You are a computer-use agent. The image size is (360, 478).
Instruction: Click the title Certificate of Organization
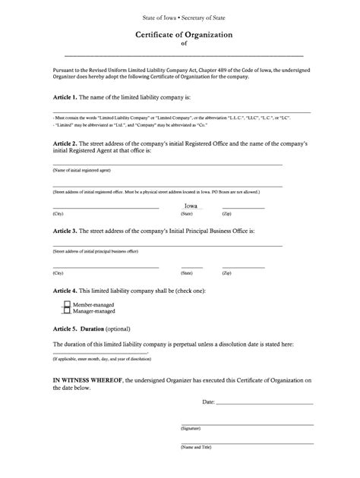[183, 35]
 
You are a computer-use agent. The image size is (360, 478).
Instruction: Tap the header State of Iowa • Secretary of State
[183, 17]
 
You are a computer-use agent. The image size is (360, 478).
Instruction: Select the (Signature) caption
[191, 428]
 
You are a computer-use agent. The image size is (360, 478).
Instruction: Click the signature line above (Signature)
[247, 423]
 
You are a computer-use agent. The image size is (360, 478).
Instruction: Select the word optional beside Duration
[118, 329]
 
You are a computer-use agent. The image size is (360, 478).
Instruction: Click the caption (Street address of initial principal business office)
[96, 251]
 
